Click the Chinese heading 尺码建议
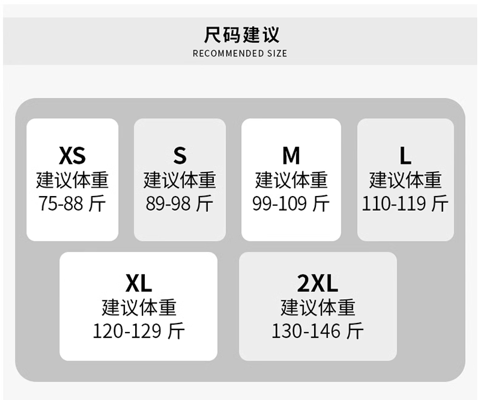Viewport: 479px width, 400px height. tap(241, 35)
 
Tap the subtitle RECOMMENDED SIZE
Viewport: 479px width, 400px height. tap(240, 53)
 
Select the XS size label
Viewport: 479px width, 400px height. tap(72, 155)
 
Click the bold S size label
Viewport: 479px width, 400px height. tap(180, 155)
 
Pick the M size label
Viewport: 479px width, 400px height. tap(291, 155)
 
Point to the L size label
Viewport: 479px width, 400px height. tap(406, 155)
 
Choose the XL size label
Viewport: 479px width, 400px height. tap(139, 283)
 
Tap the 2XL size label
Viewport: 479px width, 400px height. tap(318, 283)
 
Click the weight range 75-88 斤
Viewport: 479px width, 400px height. tap(72, 203)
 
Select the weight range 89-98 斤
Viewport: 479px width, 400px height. tap(179, 203)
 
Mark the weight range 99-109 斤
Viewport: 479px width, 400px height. tap(291, 203)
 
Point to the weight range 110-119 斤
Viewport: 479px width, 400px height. tap(406, 203)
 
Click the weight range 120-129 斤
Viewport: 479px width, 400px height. tap(139, 331)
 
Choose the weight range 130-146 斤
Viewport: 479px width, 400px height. tap(318, 331)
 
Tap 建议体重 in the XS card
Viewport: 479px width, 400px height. tap(72, 180)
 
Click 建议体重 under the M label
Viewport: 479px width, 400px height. tap(291, 180)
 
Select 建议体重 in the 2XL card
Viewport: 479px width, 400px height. tap(318, 307)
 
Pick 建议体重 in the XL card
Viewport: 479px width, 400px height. tap(139, 307)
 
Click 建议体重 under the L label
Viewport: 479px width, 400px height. tap(406, 180)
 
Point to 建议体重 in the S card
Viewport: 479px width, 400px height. tap(180, 180)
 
